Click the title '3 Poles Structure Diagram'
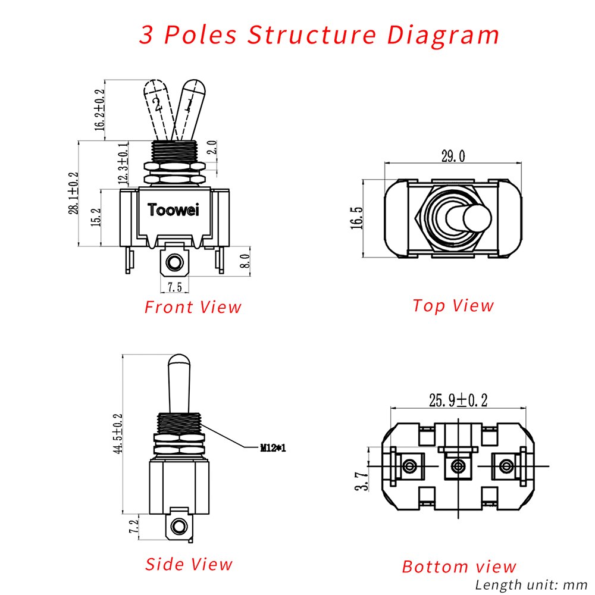(x=320, y=35)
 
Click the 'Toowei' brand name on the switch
(x=174, y=210)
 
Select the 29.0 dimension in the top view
(x=453, y=156)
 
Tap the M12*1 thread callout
(x=273, y=448)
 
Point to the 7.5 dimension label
(x=176, y=287)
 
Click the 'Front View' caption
(x=193, y=307)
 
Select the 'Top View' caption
(x=453, y=305)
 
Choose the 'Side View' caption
(x=189, y=564)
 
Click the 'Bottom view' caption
(x=459, y=566)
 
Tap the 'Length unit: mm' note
(x=531, y=584)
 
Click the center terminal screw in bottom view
(x=458, y=466)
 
